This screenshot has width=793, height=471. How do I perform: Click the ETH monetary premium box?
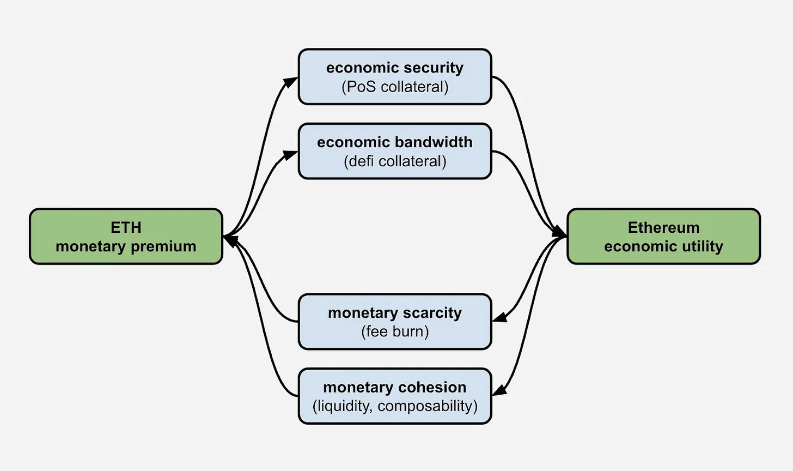click(126, 237)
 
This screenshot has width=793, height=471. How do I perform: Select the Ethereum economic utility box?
click(664, 237)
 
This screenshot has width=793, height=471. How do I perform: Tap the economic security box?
click(395, 76)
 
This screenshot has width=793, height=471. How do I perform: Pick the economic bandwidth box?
click(395, 152)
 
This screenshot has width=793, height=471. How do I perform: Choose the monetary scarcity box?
click(395, 322)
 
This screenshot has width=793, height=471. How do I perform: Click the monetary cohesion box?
click(395, 396)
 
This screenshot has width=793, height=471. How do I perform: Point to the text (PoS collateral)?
click(395, 87)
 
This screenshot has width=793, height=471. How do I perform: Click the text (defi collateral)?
click(395, 161)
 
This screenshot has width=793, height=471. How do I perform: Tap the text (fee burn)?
click(395, 332)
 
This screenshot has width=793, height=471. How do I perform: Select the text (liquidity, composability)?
click(395, 406)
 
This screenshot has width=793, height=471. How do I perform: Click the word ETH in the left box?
click(126, 227)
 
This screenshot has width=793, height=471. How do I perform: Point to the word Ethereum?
click(664, 227)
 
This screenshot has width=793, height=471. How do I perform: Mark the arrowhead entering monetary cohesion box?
click(499, 390)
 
